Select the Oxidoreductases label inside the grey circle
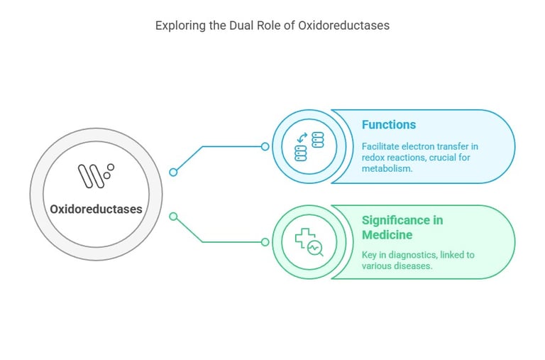point(96,209)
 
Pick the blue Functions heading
point(389,125)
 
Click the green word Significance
point(402,220)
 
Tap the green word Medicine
point(387,235)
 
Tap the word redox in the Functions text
point(374,158)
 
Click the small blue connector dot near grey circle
point(173,172)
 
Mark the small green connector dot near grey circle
point(173,216)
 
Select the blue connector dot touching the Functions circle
point(265,147)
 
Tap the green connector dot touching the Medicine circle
point(265,242)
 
